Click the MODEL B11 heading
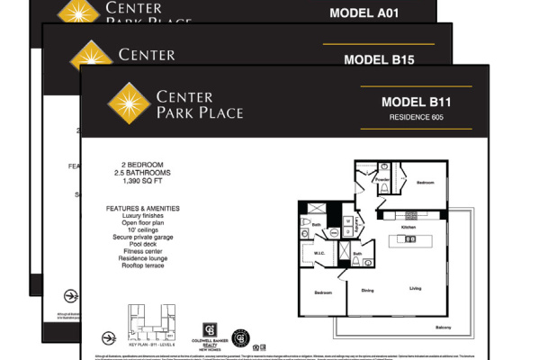point(415,103)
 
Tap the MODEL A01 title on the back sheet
point(364,13)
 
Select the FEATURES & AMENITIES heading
point(142,208)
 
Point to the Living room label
point(415,289)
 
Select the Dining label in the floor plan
point(367,290)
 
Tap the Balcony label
point(443,327)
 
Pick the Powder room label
point(382,178)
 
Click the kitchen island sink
point(409,240)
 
